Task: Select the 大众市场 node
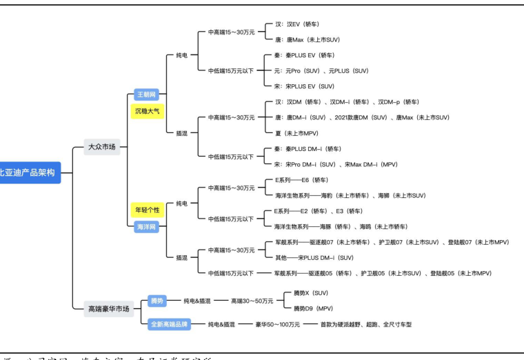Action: (102, 146)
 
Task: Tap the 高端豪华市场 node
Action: (109, 309)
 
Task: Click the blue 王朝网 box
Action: (147, 94)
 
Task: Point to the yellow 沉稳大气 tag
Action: (148, 110)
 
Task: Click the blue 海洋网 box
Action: (147, 226)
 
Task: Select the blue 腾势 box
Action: (157, 301)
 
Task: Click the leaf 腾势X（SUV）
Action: (310, 293)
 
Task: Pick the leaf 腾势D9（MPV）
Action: (313, 308)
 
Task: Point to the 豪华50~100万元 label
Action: (277, 324)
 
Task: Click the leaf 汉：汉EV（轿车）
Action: (297, 23)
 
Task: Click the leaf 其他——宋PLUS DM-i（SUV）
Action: (314, 257)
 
